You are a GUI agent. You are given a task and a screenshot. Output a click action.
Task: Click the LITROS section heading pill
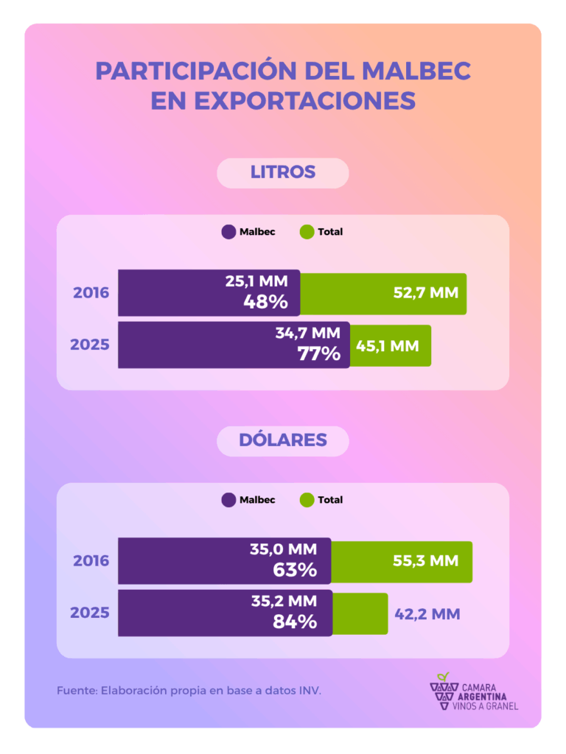pyautogui.click(x=282, y=173)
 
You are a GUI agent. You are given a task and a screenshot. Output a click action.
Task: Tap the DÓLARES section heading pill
pyautogui.click(x=282, y=440)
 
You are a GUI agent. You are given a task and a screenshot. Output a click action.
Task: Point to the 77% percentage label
pyautogui.click(x=318, y=353)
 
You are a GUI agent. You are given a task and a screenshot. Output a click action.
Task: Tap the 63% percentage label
pyautogui.click(x=294, y=570)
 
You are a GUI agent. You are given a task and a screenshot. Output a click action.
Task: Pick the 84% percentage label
pyautogui.click(x=294, y=621)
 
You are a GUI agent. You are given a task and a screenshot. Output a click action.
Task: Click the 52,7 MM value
pyautogui.click(x=424, y=292)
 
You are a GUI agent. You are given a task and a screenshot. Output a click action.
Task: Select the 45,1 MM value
pyautogui.click(x=387, y=345)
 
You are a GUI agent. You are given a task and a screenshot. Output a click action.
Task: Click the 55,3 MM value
pyautogui.click(x=424, y=561)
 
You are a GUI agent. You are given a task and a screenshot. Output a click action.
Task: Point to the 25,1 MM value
pyautogui.click(x=262, y=281)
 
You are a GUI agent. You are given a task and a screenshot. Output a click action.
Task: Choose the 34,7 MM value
pyautogui.click(x=308, y=333)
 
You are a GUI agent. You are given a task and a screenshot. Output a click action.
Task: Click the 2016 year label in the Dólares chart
pyautogui.click(x=91, y=561)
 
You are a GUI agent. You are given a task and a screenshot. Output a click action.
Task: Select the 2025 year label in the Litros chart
pyautogui.click(x=90, y=345)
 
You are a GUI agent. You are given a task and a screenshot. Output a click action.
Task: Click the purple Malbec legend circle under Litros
pyautogui.click(x=228, y=232)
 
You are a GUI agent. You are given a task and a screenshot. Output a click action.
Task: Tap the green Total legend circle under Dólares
pyautogui.click(x=307, y=500)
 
